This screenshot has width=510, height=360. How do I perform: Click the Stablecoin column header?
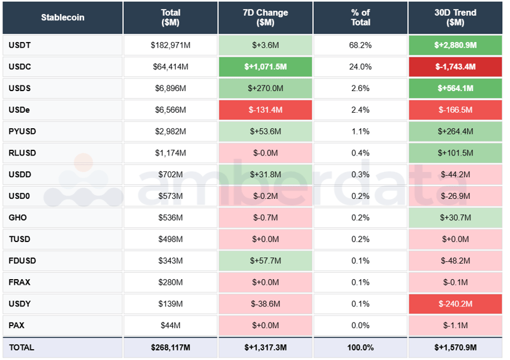62,17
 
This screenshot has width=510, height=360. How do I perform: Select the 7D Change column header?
265,17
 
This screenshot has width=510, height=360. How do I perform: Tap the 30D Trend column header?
455,17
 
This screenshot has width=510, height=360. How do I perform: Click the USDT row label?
20,45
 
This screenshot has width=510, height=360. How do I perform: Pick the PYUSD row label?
22,131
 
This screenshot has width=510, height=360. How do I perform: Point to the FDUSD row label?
22,261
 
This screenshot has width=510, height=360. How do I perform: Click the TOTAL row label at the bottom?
22,347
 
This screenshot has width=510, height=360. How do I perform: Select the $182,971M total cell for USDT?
170,45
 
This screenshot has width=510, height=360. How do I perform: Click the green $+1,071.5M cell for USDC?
265,67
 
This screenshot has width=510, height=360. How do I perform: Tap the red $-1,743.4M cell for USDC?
455,67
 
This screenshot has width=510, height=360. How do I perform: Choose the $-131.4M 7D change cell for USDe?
265,110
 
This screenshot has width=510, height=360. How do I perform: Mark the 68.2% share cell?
360,45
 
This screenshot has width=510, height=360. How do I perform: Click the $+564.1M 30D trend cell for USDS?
455,89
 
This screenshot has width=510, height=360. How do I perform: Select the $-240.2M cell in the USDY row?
455,304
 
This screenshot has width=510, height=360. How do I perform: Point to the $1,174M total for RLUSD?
170,153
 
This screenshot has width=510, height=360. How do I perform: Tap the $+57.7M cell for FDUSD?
265,261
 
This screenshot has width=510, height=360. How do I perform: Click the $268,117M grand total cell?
170,347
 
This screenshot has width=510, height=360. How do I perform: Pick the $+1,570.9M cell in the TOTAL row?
455,347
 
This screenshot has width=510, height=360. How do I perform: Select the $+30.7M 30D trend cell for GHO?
455,217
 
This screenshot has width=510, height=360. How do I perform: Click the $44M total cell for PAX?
170,326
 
